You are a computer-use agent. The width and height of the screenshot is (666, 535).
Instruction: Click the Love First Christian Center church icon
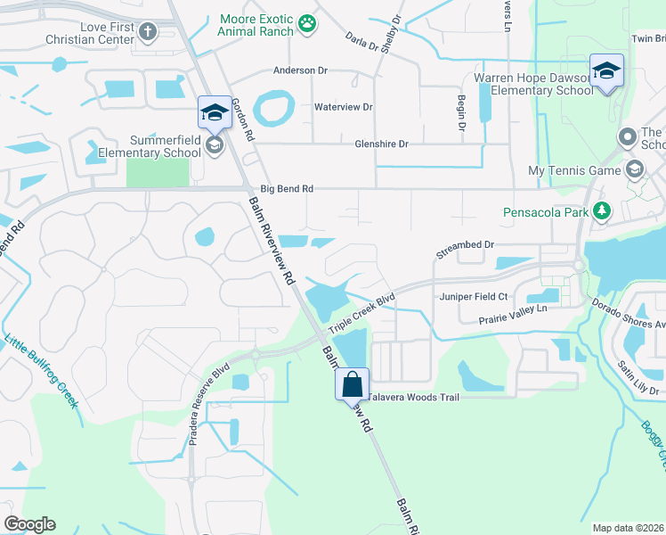(147, 32)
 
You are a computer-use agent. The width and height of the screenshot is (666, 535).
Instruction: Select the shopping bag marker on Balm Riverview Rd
(352, 385)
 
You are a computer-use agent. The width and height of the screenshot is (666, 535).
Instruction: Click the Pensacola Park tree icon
(603, 211)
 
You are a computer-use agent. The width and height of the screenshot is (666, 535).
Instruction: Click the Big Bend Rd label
(287, 189)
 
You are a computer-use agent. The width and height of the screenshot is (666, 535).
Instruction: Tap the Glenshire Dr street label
(380, 144)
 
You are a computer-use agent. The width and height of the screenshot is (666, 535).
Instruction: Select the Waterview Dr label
(343, 107)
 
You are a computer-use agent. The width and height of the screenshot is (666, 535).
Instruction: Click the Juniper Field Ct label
(472, 296)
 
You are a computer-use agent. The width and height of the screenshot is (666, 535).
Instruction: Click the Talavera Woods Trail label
(413, 397)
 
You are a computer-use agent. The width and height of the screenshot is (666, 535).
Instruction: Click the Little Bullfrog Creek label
(41, 370)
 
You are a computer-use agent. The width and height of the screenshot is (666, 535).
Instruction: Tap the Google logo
(29, 524)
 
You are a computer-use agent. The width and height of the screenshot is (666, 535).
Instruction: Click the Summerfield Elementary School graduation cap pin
(214, 113)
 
